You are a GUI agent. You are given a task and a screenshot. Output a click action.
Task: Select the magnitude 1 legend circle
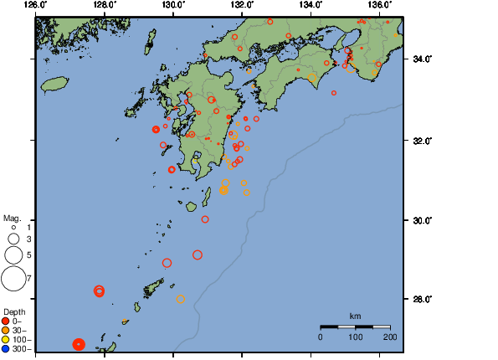(13, 227)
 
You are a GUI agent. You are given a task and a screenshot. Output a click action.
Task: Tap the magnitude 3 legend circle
(13, 239)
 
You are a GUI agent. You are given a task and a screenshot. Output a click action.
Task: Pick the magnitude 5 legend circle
(13, 255)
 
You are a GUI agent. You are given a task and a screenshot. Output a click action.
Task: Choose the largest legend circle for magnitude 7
(13, 277)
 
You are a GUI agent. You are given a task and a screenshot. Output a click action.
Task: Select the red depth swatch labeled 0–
(6, 321)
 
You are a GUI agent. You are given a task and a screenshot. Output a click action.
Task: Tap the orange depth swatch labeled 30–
(6, 330)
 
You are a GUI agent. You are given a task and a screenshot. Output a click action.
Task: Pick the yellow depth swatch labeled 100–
(6, 339)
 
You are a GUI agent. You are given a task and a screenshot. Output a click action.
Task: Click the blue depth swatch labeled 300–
(6, 348)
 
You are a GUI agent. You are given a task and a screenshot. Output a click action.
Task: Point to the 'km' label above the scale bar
(355, 316)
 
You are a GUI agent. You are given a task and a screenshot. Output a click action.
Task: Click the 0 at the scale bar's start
(321, 337)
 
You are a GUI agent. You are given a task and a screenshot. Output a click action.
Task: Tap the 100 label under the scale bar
(355, 337)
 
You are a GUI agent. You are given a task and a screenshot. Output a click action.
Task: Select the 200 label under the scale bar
(390, 337)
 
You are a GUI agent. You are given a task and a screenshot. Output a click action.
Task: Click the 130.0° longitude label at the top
(173, 6)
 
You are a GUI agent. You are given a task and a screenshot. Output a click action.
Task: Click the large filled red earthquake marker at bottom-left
(79, 344)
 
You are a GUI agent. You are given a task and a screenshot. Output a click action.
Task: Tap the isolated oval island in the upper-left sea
(54, 84)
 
